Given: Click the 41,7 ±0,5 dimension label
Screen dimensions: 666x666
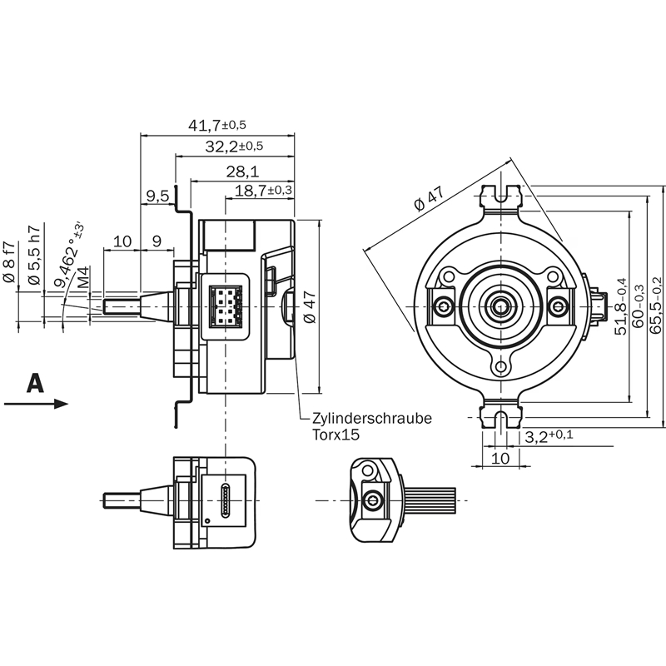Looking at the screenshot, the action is coord(217,126).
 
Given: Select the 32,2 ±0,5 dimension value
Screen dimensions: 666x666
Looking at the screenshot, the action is coord(234,147).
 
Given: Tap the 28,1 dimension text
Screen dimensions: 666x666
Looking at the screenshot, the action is coord(242,171).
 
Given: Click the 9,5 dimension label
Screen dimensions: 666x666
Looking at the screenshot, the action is coord(157,196).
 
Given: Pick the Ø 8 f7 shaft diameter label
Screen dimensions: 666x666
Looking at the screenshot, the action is coord(9,261).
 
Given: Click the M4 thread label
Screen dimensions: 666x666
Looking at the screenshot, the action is coord(83,277).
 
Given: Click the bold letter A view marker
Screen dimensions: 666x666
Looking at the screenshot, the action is coord(35,383).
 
